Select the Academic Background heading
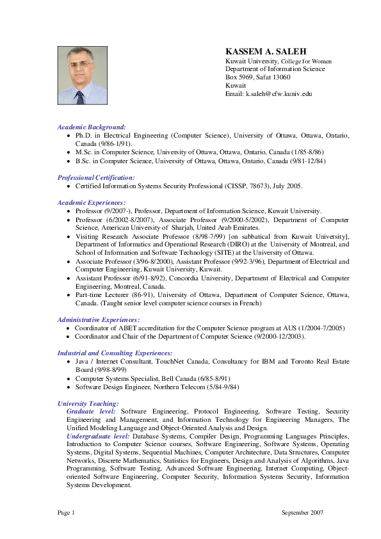92,127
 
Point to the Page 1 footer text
67,513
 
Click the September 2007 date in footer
302,513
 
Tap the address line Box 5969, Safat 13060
258,77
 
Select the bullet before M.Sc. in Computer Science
69,152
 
